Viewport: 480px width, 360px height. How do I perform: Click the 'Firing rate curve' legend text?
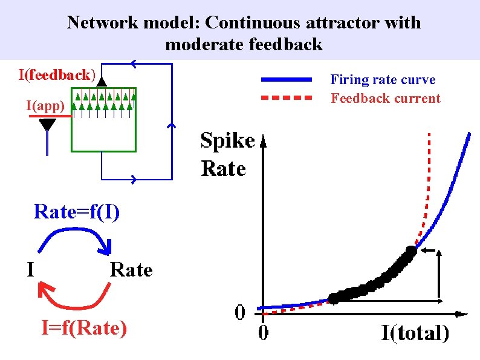[382, 79]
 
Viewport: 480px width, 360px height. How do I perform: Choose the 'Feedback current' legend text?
[385, 98]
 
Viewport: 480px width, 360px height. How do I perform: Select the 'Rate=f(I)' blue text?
[77, 212]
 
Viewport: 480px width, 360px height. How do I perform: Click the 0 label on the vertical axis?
[240, 313]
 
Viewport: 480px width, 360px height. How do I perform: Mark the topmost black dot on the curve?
[411, 250]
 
